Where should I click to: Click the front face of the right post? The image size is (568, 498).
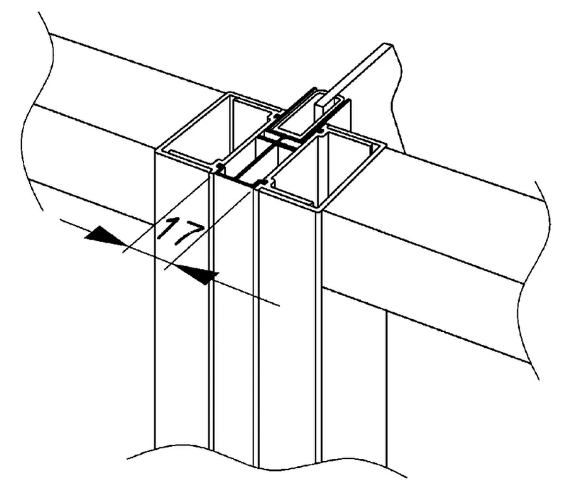click(x=287, y=326)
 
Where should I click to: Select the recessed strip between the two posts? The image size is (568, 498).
click(x=234, y=319)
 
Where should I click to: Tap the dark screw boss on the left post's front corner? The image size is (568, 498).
click(x=219, y=167)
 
